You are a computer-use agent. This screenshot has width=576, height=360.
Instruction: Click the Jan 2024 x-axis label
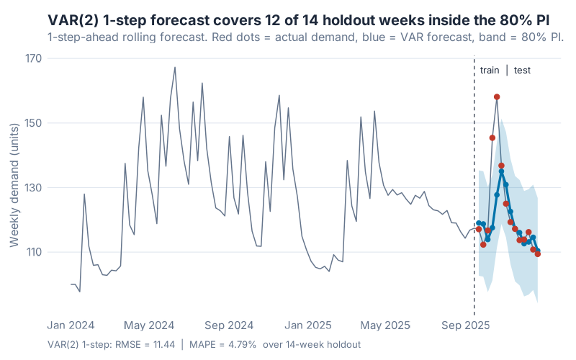click(x=71, y=325)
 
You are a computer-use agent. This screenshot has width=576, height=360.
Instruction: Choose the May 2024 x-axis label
click(x=150, y=325)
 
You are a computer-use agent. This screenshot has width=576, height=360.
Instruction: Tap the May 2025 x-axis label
click(x=390, y=325)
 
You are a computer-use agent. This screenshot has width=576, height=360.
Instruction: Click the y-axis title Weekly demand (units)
click(x=14, y=185)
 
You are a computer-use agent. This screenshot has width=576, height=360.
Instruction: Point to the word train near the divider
click(x=490, y=71)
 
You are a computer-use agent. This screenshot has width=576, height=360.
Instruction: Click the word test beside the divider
click(x=522, y=71)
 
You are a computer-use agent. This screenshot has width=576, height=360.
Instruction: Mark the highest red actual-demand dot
click(x=497, y=96)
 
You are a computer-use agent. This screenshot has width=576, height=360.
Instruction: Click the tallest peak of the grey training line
click(x=175, y=68)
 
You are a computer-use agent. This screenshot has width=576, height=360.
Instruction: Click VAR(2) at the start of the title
click(x=71, y=20)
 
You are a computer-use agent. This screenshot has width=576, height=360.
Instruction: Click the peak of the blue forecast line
click(x=502, y=171)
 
